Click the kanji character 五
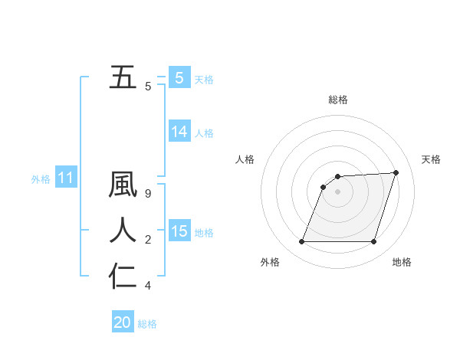click(x=123, y=77)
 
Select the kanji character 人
click(x=123, y=231)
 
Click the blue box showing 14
click(x=179, y=132)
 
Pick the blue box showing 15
click(x=179, y=231)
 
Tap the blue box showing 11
click(x=65, y=178)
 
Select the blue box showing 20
click(x=123, y=322)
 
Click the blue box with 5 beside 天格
click(x=179, y=78)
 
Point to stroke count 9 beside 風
click(x=148, y=194)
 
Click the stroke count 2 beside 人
click(x=148, y=240)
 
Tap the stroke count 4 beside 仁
click(x=148, y=286)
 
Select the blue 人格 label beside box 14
click(x=204, y=133)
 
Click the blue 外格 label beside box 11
click(x=41, y=180)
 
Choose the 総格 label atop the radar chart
click(x=337, y=100)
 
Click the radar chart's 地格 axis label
click(x=402, y=262)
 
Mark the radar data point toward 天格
click(x=396, y=172)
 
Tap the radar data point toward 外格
click(x=301, y=242)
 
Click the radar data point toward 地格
click(x=373, y=242)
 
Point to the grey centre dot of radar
click(x=337, y=191)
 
